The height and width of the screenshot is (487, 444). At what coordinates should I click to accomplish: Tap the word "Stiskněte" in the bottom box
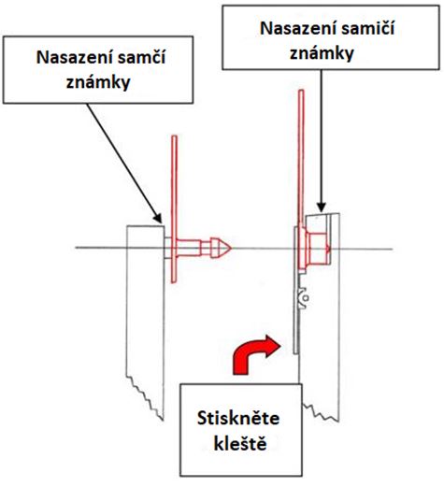(x=238, y=418)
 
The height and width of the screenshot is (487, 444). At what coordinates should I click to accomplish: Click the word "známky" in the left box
(x=98, y=82)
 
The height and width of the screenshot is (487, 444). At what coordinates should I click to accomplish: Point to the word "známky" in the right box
(x=322, y=53)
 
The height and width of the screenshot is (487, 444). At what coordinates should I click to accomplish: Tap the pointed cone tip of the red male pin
(x=231, y=248)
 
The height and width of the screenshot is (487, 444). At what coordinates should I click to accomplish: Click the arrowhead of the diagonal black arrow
(x=158, y=218)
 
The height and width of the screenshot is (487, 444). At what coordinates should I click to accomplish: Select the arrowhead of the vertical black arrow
(x=322, y=208)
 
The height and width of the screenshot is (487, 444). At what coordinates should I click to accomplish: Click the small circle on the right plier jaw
(x=306, y=298)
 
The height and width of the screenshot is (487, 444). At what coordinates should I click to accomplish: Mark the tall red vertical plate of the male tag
(x=174, y=209)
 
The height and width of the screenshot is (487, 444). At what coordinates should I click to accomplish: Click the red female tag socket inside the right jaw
(x=315, y=249)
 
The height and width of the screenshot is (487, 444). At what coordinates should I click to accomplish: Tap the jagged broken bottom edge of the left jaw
(x=144, y=396)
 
